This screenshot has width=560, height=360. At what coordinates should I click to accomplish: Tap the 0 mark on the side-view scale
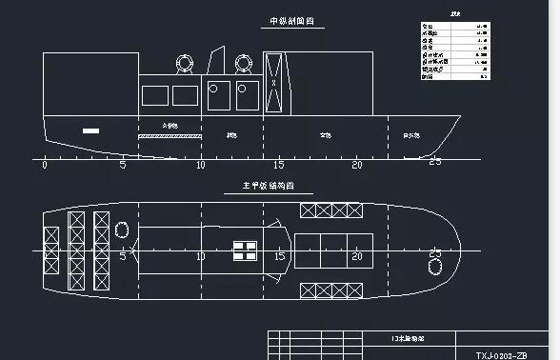[x=45, y=166]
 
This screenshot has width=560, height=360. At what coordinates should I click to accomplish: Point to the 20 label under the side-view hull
[x=357, y=166]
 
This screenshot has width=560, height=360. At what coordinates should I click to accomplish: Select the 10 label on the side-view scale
[x=200, y=166]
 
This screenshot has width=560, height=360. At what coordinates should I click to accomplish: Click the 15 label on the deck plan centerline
[x=280, y=256]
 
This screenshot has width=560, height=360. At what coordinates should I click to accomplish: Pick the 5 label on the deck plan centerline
[x=123, y=256]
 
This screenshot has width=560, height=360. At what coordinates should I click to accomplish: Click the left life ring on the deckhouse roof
[x=184, y=64]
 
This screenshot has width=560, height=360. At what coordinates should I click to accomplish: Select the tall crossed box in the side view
[x=274, y=83]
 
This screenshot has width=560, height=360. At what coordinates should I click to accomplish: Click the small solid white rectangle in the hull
[x=91, y=130]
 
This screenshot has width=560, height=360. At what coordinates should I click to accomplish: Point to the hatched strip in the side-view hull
[x=170, y=136]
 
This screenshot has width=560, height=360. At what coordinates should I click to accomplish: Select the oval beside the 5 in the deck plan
[x=122, y=229]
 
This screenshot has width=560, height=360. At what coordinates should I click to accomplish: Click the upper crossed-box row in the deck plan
[x=335, y=210]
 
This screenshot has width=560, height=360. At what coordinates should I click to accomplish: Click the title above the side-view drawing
[x=291, y=21]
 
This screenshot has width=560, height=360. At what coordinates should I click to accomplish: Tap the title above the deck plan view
[x=252, y=187]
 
